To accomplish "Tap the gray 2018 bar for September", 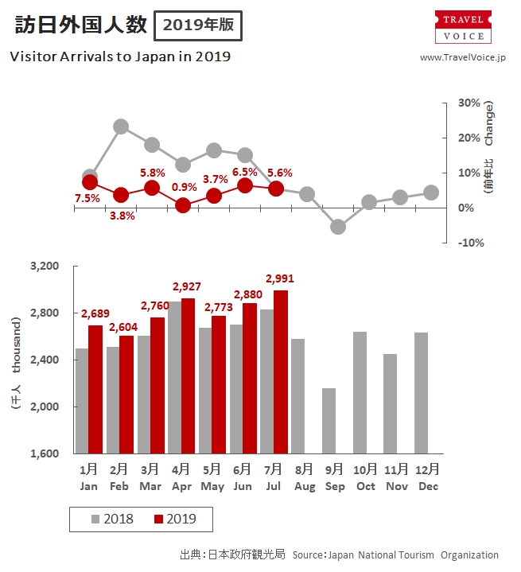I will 328,421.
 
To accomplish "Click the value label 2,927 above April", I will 189,287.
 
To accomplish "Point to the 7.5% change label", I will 87,198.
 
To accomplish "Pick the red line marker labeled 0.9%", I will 183,204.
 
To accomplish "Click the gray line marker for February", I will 121,126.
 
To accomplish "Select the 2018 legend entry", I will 112,519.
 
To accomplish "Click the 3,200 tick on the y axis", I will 45,266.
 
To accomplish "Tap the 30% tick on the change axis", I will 469,103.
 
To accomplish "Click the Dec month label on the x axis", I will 428,486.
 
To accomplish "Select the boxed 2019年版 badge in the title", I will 198,25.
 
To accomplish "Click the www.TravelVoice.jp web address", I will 463,57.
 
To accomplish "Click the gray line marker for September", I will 338,227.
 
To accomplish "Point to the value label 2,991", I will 280,278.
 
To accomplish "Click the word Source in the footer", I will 307,554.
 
